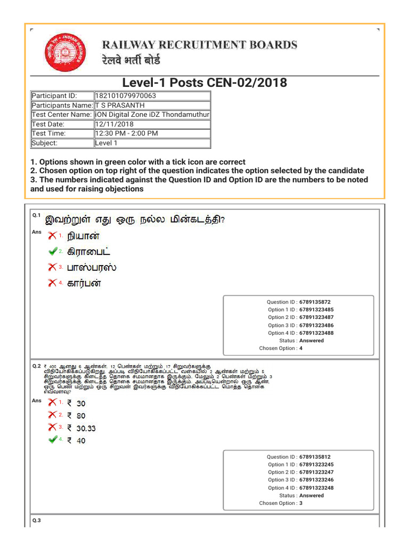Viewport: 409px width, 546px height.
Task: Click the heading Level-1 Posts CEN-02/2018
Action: pos(204,83)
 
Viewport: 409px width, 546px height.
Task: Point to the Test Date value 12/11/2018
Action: pos(114,124)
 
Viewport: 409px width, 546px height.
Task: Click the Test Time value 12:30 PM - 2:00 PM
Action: pos(126,133)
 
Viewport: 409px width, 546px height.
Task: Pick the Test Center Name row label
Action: pos(62,115)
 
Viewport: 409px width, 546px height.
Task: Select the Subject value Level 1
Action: pos(107,143)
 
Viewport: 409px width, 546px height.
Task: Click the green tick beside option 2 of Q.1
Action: pos(53,251)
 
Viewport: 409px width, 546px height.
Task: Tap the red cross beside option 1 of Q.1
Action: pos(53,235)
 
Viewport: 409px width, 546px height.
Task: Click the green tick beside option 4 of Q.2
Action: pos(53,440)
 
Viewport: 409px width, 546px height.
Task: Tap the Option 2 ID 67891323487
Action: pos(316,317)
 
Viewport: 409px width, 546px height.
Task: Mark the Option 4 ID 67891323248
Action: pos(316,488)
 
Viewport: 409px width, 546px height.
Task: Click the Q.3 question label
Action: pos(36,520)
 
